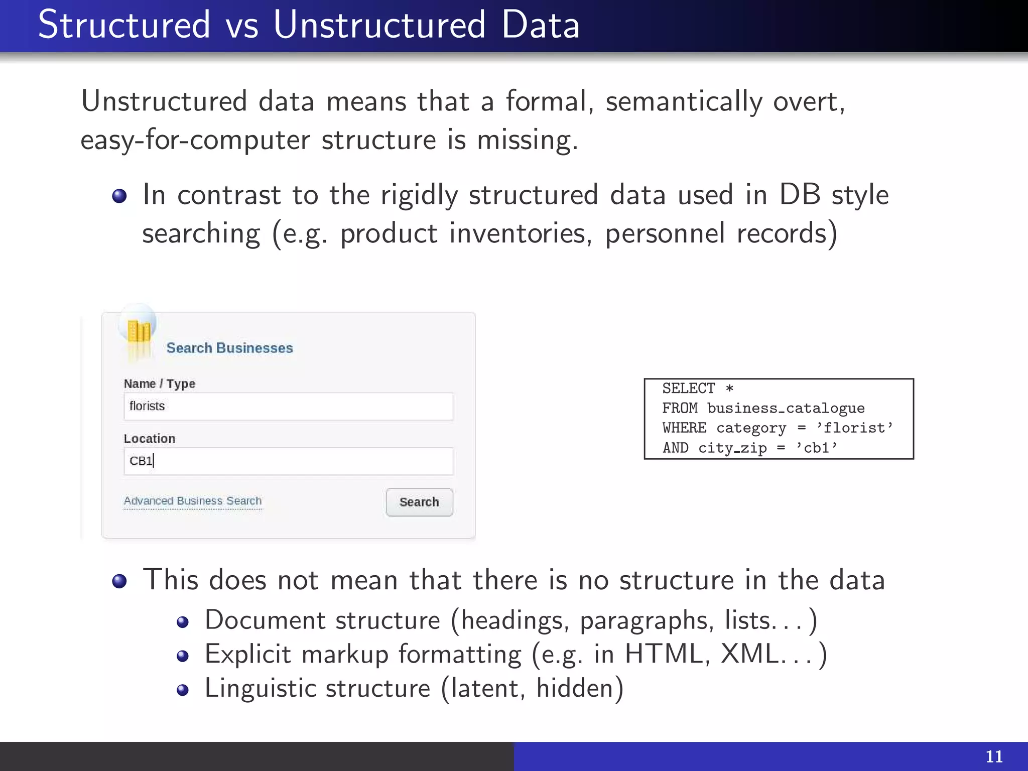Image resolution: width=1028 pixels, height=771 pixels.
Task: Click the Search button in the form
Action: (419, 502)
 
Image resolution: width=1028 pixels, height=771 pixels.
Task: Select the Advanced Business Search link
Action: (193, 501)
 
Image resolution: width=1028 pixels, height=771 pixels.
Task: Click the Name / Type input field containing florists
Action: (288, 406)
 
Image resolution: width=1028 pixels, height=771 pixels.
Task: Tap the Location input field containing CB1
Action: (288, 461)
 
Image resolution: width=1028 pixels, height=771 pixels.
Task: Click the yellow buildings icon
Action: (139, 332)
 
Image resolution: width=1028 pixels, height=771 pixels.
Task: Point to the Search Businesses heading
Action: (229, 348)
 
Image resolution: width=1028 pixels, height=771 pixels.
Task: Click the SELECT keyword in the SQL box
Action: (688, 389)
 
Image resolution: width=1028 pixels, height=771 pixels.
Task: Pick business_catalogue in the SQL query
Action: (786, 408)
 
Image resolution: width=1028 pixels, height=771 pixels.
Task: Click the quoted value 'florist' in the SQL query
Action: (855, 428)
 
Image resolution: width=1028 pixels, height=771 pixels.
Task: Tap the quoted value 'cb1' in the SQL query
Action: (817, 448)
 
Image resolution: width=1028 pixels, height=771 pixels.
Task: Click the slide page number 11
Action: (994, 756)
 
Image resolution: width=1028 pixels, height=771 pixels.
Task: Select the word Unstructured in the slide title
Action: (379, 25)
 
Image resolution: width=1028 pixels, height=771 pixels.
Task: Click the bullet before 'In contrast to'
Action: (119, 196)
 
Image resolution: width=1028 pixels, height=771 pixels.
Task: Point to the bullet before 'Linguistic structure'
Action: (183, 690)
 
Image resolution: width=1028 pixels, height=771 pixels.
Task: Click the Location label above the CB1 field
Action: (150, 438)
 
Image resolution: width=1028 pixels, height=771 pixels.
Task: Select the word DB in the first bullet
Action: (800, 195)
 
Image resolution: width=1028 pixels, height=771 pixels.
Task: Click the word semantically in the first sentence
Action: (684, 102)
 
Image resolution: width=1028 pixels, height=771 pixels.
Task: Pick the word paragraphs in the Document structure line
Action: (647, 621)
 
